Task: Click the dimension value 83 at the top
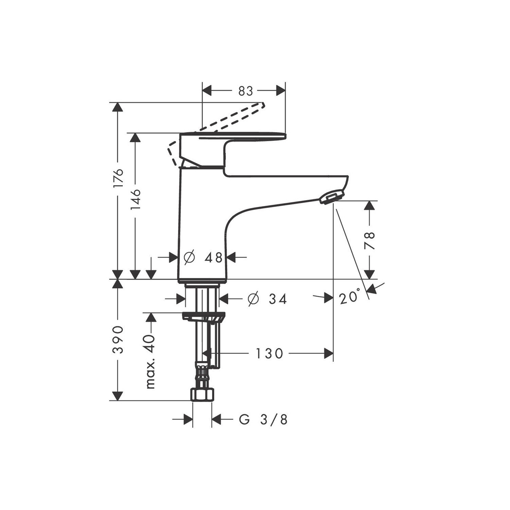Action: [x=246, y=91]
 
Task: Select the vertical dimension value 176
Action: [x=119, y=178]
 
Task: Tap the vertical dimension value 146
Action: [x=136, y=200]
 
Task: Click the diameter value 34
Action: [x=278, y=299]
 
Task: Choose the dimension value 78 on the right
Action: [x=370, y=240]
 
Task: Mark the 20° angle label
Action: [x=349, y=297]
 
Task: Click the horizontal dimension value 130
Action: [x=269, y=353]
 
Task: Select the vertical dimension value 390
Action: [x=119, y=340]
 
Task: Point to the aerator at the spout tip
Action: [x=332, y=198]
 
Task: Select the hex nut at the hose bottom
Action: [x=202, y=394]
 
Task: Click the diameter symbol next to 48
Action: [x=189, y=257]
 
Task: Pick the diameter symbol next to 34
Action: [x=253, y=299]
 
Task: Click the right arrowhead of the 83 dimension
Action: [x=281, y=91]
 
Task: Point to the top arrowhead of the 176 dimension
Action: [x=117, y=107]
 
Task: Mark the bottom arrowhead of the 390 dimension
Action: [x=117, y=396]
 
